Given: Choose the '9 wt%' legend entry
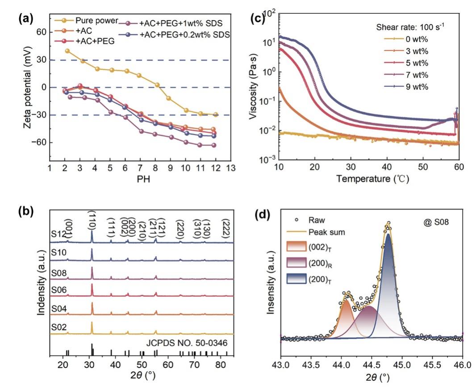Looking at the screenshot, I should [418, 87].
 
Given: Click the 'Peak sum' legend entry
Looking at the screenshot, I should [325, 233].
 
